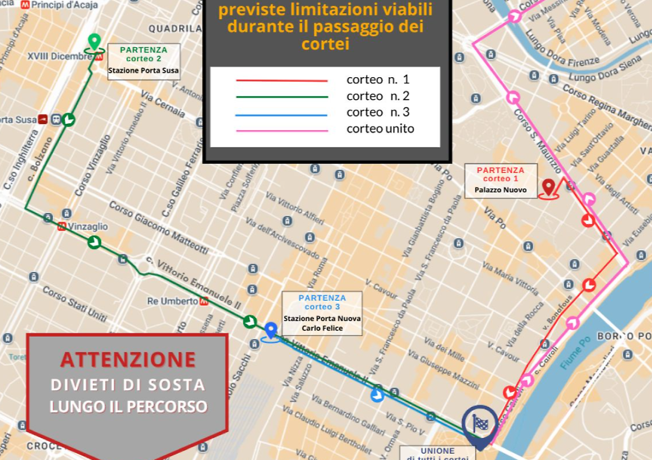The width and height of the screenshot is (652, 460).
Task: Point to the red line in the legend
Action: point(282,80)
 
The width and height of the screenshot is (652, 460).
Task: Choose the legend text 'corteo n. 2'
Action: point(378,96)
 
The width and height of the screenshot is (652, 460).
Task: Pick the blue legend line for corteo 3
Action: point(282,115)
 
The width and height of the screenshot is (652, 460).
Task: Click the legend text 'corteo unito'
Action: point(380,129)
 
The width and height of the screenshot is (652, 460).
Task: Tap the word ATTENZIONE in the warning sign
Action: point(128,360)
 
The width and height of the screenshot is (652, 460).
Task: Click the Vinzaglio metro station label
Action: point(87,226)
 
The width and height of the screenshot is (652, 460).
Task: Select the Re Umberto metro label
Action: point(172,301)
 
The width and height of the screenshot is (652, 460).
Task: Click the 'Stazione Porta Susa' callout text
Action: point(144,70)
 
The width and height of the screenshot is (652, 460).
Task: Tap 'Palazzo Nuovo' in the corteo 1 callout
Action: point(501,190)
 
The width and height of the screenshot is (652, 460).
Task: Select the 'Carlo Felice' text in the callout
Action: point(322,328)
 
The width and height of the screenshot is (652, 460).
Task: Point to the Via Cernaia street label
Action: point(162,103)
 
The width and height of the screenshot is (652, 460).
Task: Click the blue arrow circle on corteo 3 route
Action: point(377,395)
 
